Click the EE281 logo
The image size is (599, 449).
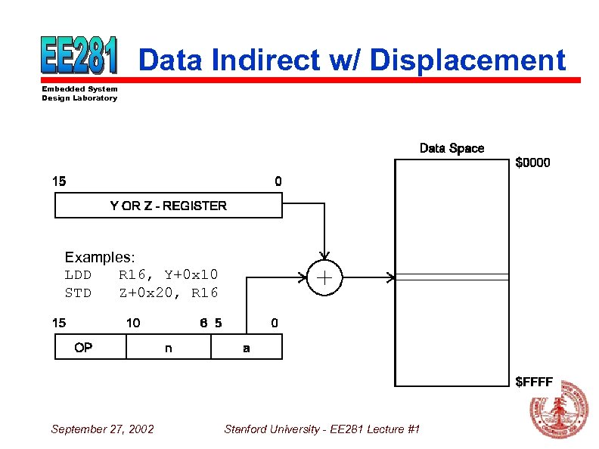click(x=79, y=56)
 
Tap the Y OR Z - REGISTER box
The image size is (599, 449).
click(x=168, y=206)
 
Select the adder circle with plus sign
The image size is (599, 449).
click(x=324, y=277)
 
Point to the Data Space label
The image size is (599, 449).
click(x=452, y=148)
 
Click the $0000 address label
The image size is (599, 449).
click(x=532, y=163)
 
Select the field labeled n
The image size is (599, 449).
click(x=168, y=348)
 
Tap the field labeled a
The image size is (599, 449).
click(x=247, y=348)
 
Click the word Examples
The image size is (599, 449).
click(x=99, y=258)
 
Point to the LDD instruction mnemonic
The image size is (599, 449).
click(x=78, y=274)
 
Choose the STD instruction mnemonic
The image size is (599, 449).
click(x=78, y=293)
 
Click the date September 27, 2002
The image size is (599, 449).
click(x=102, y=429)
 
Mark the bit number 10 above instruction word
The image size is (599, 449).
click(x=132, y=323)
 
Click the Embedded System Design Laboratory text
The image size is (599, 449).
click(x=79, y=94)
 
